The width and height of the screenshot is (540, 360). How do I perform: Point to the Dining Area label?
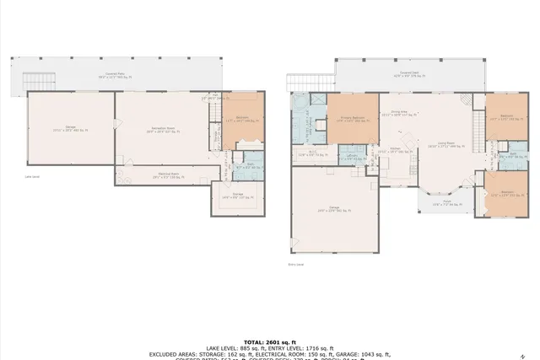point(399,113)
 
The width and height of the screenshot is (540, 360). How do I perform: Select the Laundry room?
point(353,156)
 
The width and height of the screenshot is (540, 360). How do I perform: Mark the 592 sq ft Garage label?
point(334,209)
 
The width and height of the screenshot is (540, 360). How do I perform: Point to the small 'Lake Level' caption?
point(33,177)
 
